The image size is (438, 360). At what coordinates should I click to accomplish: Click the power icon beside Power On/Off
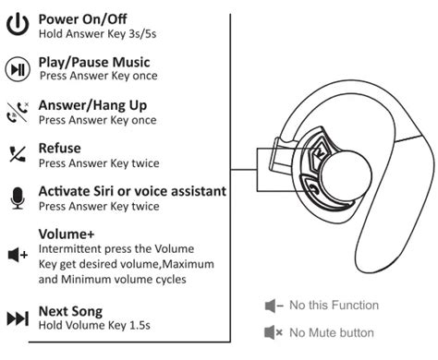coord(18,24)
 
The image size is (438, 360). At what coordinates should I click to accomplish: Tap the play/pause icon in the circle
coord(18,69)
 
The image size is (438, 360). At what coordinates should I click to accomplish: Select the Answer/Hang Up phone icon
coord(18,113)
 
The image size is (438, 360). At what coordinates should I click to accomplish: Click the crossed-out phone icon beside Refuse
coord(18,154)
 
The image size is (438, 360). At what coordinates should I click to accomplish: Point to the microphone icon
coord(18,198)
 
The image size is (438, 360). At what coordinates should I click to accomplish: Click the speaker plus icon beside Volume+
coord(18,255)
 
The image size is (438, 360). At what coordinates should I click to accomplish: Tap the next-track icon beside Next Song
coord(18,318)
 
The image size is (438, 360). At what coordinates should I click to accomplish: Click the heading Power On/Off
coord(82,19)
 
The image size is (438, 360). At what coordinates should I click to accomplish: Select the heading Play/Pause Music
coord(94,62)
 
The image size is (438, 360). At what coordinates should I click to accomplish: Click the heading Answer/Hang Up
coord(92,105)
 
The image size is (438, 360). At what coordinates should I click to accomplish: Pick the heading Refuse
coord(60,148)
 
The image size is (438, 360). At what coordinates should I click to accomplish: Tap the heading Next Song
coord(70,312)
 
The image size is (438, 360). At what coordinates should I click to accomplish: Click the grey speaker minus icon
coord(274,306)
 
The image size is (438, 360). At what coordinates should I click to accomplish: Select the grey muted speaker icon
coord(274,332)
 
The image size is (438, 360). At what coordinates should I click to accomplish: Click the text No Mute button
coord(332,332)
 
